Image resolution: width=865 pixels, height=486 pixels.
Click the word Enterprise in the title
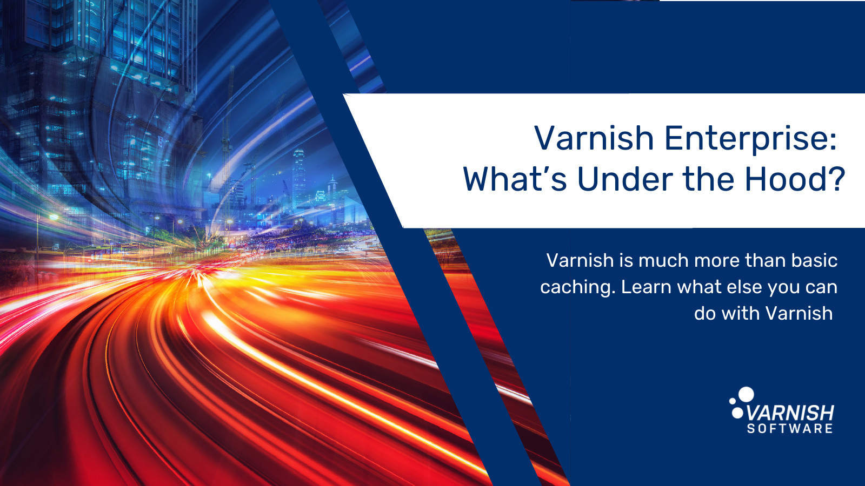750,139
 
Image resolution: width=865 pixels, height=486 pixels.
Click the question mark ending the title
836,180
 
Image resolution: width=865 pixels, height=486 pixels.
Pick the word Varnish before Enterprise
594,139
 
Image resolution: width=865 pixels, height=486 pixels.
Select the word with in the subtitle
741,313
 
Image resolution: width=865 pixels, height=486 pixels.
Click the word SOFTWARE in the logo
790,429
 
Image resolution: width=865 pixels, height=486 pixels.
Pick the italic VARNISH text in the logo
790,414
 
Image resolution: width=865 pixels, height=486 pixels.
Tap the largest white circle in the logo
747,394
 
